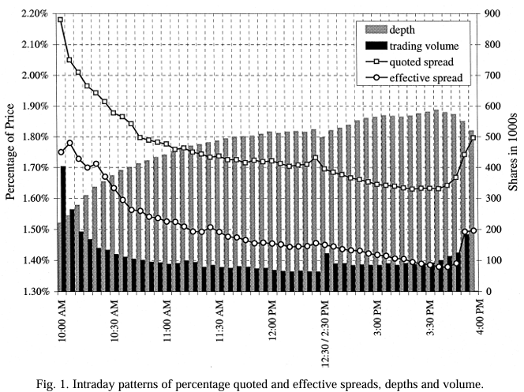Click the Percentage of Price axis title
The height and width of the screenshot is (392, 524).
point(12,152)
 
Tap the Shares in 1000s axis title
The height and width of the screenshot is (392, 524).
point(511,152)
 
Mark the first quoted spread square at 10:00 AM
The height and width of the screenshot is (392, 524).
point(61,20)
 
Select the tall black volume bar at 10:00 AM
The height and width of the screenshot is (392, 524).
point(63,229)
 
